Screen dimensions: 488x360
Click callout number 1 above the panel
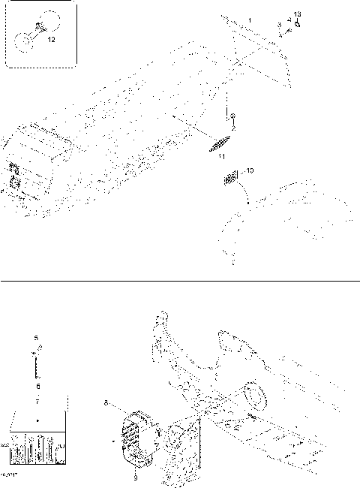(x=250, y=18)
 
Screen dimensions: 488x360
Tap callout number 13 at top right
(x=297, y=14)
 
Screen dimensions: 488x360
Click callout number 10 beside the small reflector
(x=250, y=171)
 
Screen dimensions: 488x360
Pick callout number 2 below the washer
(x=233, y=128)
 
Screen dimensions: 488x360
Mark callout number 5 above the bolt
(x=36, y=338)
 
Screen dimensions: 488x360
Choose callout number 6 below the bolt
(x=36, y=385)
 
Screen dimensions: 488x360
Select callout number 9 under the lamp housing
(x=136, y=475)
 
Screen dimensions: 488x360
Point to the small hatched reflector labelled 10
(x=232, y=179)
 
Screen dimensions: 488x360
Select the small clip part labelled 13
(x=298, y=23)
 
